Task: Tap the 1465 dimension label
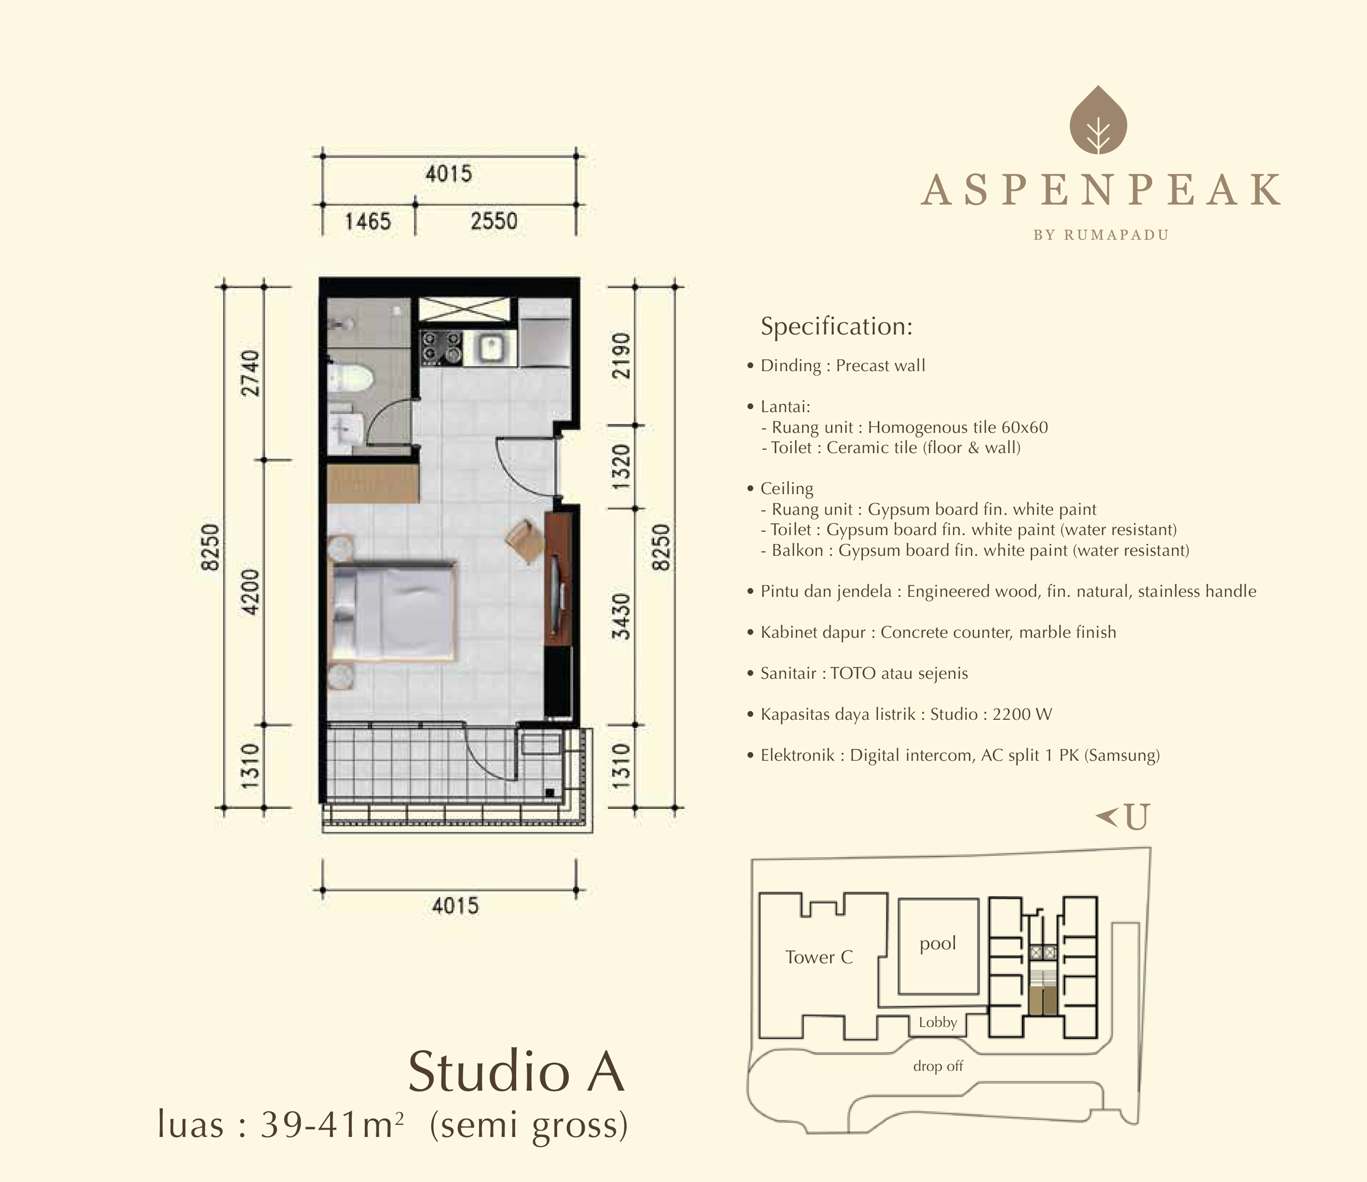(367, 221)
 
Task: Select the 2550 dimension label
(494, 220)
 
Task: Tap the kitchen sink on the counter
(489, 349)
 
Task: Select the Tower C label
(819, 957)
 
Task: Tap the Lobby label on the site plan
(938, 1022)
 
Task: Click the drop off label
(938, 1066)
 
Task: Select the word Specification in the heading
(836, 327)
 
